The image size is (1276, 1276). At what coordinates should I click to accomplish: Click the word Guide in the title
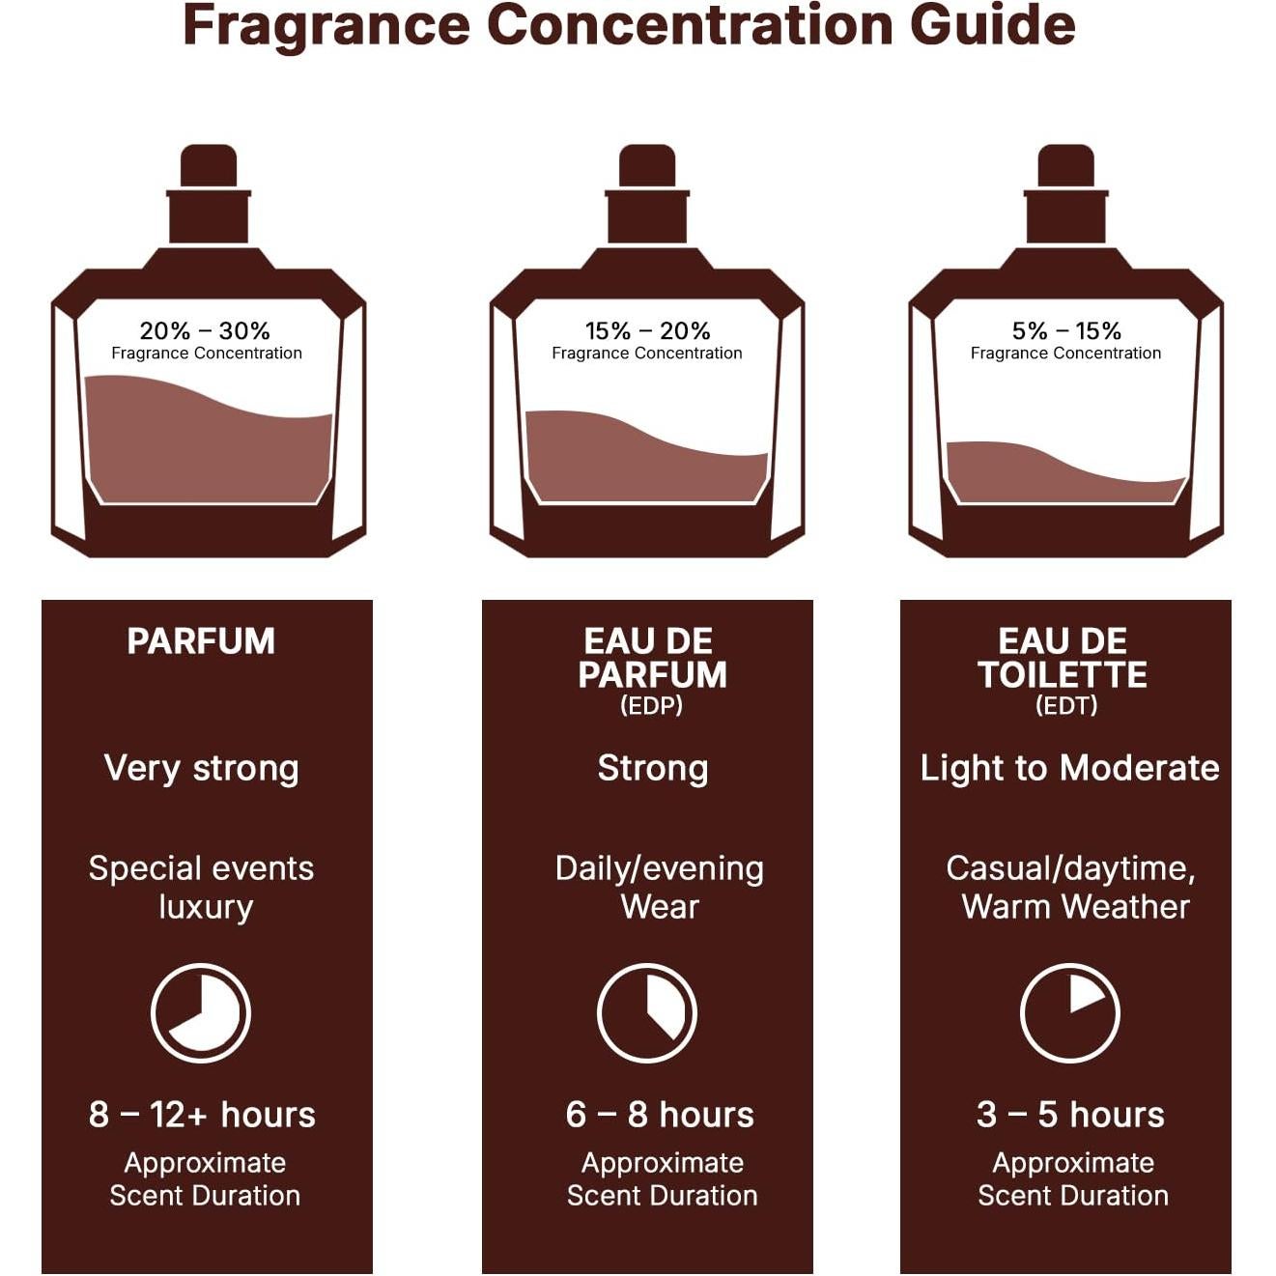point(992,26)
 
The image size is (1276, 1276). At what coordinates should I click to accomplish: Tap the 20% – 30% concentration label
point(205,331)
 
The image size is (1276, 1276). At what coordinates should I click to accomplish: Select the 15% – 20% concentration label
point(647,331)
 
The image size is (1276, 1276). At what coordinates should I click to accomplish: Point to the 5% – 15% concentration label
point(1066,331)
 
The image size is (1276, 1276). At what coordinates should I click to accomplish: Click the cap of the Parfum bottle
point(209,166)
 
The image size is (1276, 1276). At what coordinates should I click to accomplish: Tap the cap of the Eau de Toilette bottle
point(1065,166)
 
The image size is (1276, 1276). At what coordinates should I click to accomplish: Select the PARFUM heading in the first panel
point(201,641)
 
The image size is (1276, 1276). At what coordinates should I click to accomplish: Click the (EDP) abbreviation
point(651,705)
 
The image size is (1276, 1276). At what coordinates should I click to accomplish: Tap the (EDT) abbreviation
point(1066,705)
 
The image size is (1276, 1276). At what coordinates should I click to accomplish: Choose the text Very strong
point(201,769)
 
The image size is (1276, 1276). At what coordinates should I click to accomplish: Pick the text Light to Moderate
point(1069,769)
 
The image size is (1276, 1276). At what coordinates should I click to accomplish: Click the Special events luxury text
point(202,887)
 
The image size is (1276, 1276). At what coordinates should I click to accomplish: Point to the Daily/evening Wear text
point(660,887)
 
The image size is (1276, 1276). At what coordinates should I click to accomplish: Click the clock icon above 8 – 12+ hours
point(201,1013)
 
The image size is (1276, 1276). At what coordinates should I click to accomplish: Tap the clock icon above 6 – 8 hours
point(647,1013)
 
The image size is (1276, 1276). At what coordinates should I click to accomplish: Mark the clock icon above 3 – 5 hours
point(1070,1013)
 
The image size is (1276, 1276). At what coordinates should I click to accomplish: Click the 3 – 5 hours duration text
point(1070,1115)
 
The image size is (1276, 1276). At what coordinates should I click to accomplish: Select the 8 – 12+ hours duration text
point(202,1115)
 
